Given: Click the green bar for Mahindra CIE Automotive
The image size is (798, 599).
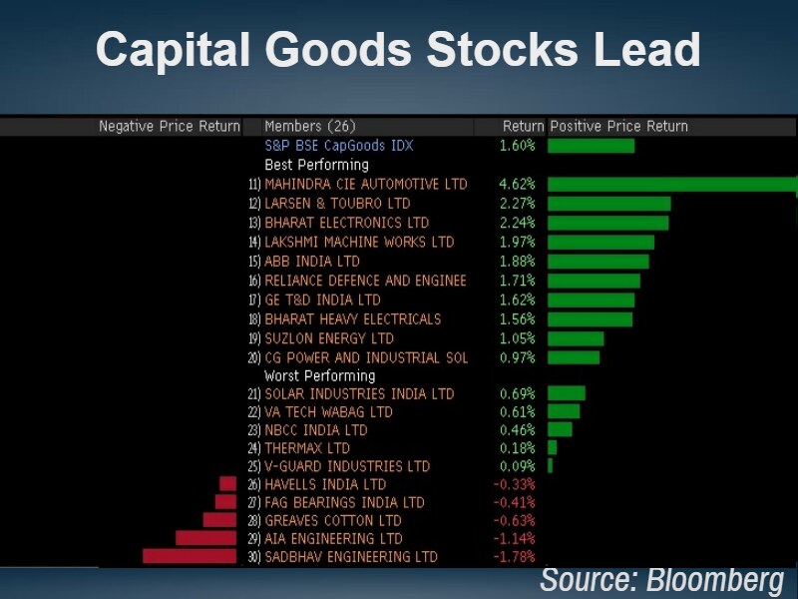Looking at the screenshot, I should [671, 185].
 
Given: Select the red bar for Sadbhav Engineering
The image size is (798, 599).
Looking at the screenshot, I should [190, 556].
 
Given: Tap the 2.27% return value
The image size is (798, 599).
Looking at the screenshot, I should [517, 204].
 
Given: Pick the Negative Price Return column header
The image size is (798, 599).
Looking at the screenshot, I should [170, 127].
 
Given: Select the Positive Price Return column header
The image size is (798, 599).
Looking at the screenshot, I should [618, 127].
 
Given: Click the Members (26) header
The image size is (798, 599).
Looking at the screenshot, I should [309, 127].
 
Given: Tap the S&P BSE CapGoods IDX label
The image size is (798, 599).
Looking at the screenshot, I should [338, 146].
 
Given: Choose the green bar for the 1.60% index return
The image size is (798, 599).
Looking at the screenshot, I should [591, 146].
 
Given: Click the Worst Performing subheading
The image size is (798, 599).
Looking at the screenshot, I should [319, 375].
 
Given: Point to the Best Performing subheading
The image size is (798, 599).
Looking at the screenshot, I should [316, 165].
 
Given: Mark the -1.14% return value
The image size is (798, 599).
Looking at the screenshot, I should [515, 538].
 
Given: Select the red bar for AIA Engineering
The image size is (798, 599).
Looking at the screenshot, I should [205, 538].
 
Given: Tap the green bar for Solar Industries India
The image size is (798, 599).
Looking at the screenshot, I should [566, 393].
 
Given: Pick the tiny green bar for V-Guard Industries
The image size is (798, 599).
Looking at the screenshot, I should [550, 465].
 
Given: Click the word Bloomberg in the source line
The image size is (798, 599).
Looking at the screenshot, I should [714, 580].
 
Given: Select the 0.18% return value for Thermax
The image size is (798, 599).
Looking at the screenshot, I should [517, 448].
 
